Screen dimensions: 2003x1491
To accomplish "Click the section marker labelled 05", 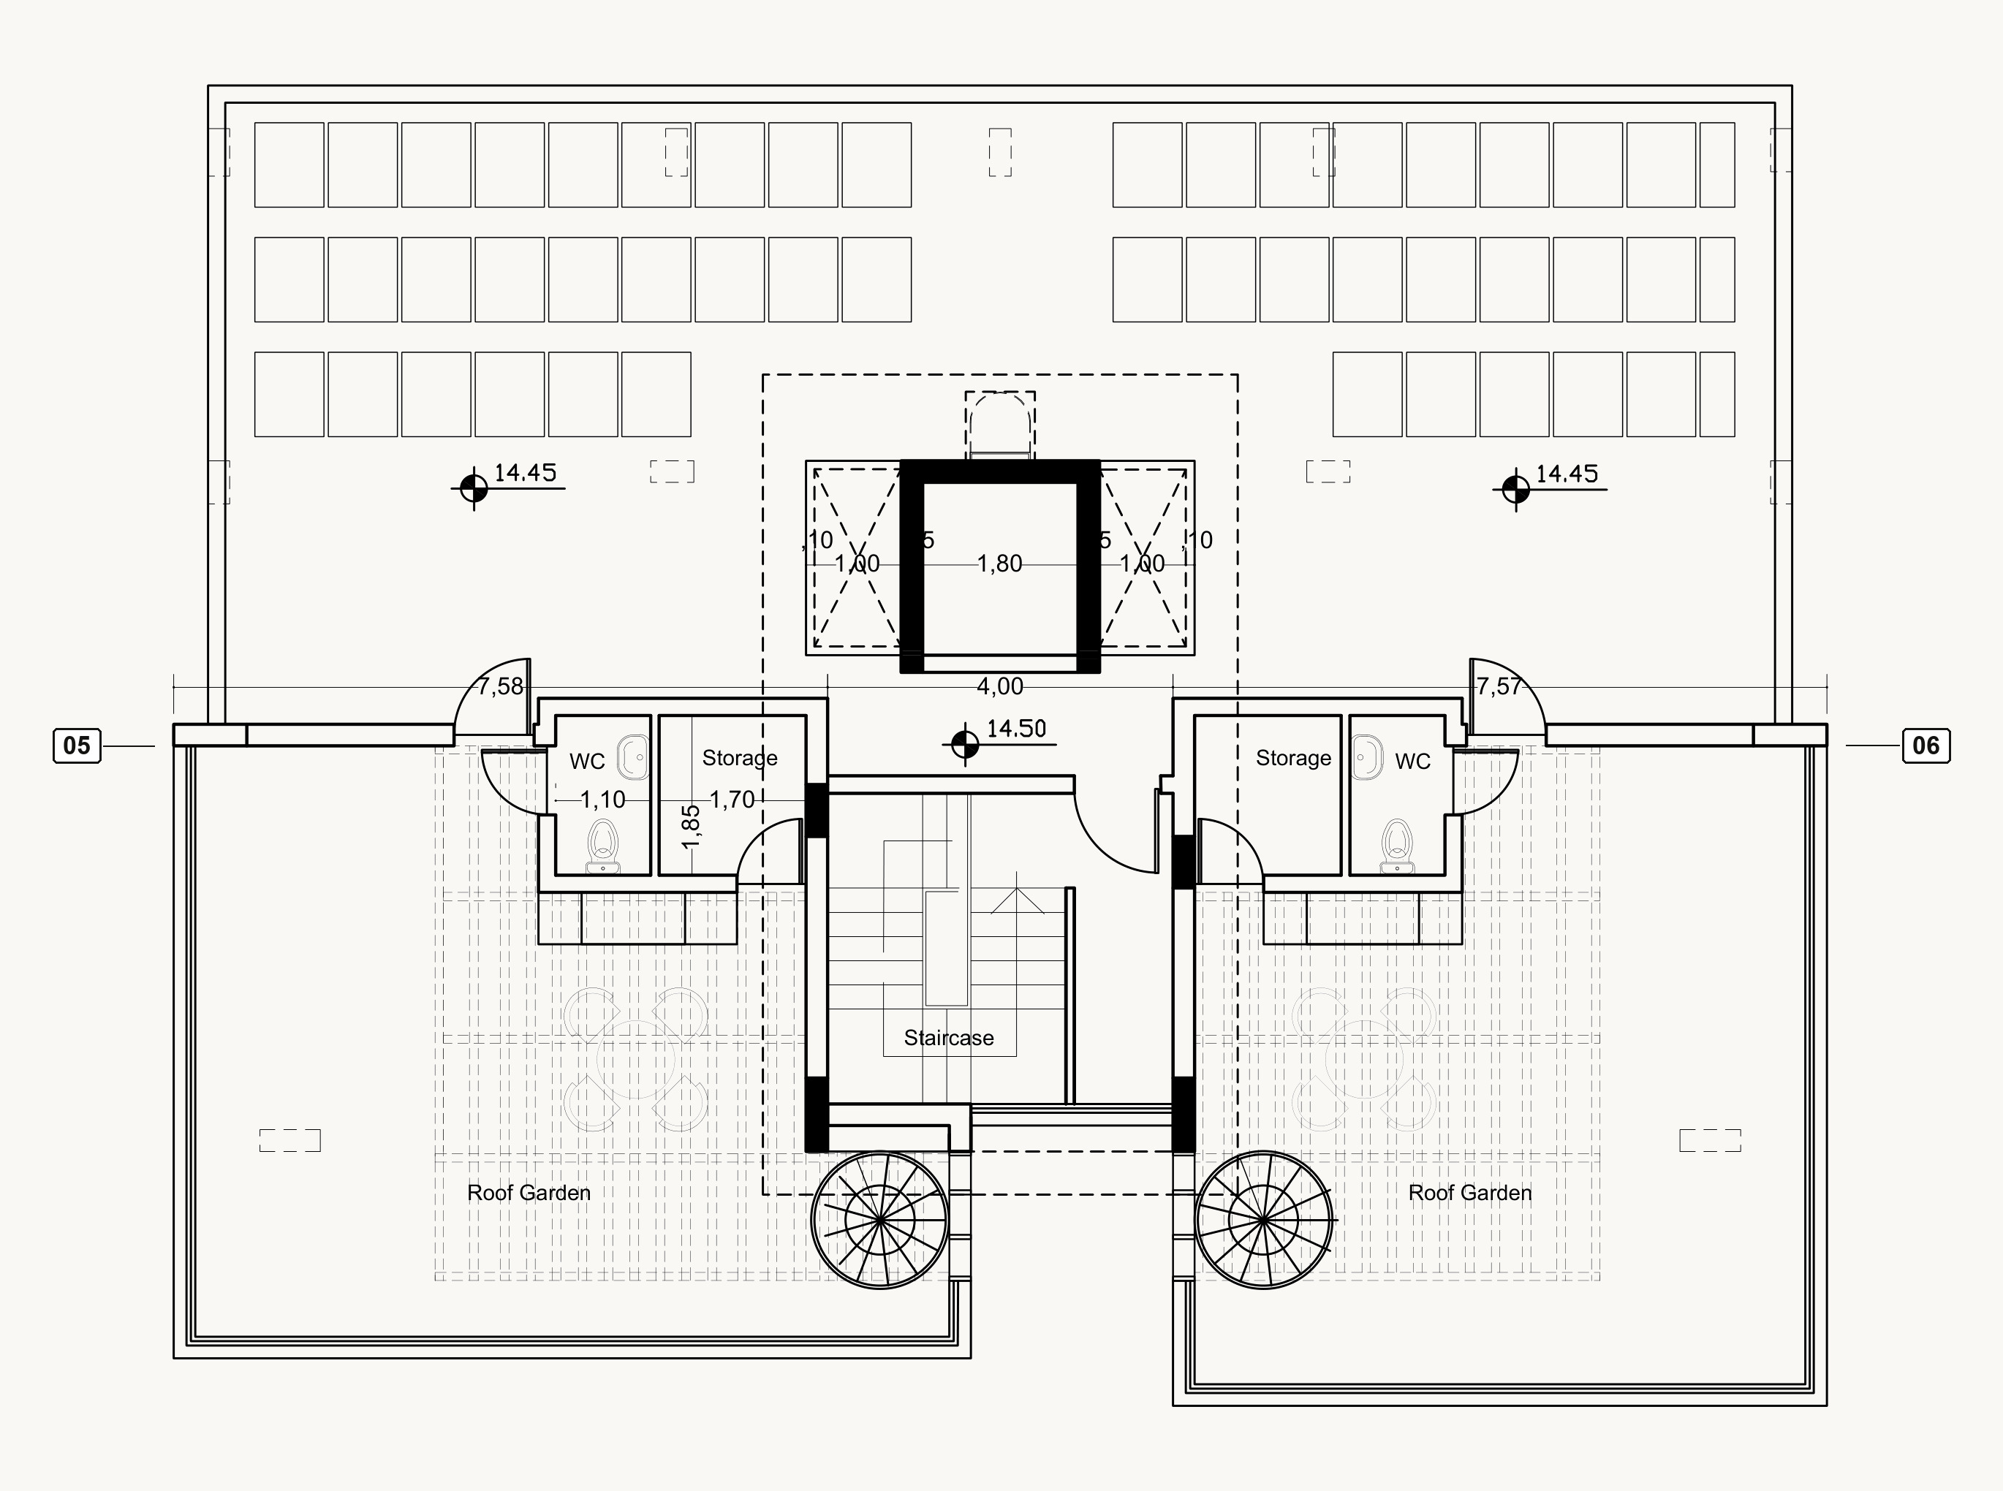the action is coord(77,745).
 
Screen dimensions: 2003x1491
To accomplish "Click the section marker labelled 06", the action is coord(1926,745).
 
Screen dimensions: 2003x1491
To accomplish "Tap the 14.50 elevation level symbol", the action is coord(965,745).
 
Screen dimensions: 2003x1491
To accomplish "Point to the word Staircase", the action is coord(949,1038).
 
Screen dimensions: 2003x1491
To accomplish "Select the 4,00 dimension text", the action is coord(1000,687).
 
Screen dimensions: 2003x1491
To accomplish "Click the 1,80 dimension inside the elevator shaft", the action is coord(1000,564).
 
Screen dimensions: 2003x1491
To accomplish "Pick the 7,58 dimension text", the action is coord(500,687).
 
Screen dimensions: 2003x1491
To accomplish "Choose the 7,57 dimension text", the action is coord(1499,687).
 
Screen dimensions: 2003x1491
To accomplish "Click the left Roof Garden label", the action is coord(529,1193).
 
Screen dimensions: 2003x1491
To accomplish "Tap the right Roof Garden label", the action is coord(1470,1193).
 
